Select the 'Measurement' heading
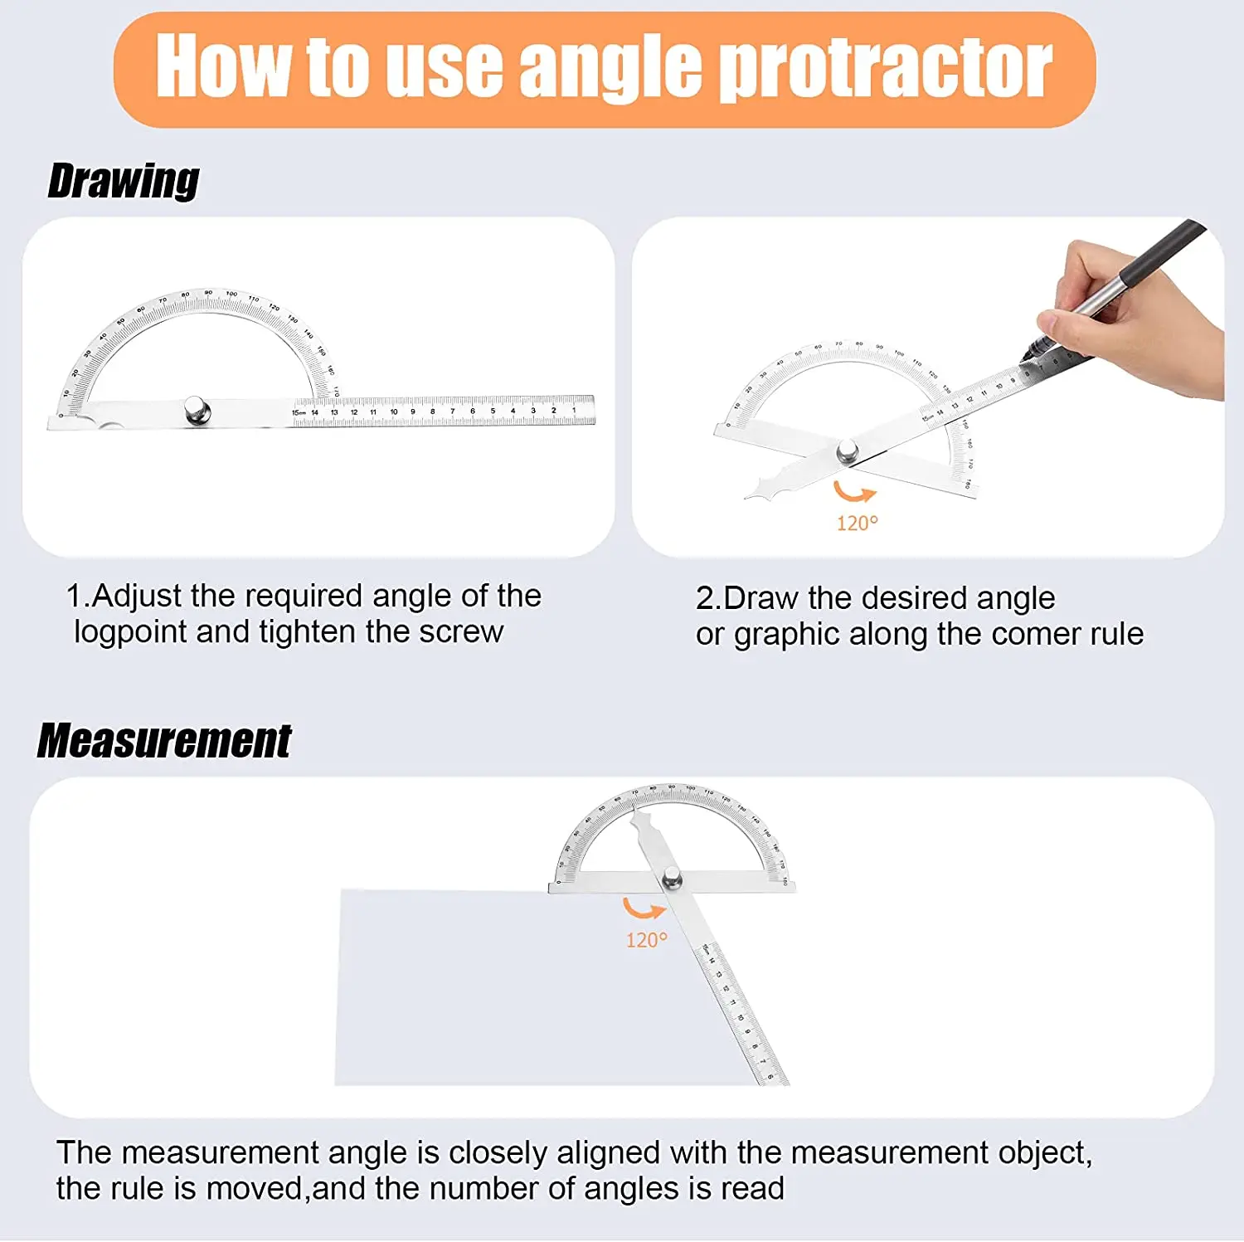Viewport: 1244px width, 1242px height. [164, 741]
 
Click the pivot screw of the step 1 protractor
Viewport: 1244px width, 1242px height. [197, 410]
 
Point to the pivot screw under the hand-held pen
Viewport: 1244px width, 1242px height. [847, 452]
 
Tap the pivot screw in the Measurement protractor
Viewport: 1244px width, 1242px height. [671, 877]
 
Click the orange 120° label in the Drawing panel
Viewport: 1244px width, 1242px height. [857, 524]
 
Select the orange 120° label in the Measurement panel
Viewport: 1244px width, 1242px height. [646, 940]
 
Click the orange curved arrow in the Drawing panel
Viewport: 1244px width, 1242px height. [854, 492]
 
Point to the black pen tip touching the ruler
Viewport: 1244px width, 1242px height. [1026, 357]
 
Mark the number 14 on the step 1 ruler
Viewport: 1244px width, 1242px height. [314, 412]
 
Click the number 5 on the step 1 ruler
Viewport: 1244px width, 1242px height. [493, 411]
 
